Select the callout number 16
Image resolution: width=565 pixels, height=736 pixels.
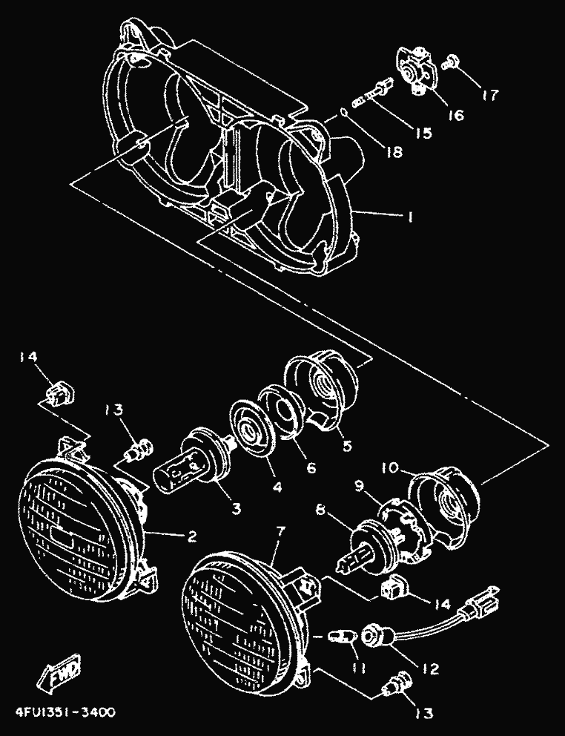pyautogui.click(x=455, y=115)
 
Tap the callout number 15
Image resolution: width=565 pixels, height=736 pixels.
pyautogui.click(x=423, y=134)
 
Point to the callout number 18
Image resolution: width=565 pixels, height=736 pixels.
pyautogui.click(x=394, y=152)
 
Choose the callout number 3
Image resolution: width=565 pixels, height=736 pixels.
pyautogui.click(x=235, y=508)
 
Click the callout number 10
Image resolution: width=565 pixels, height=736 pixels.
pyautogui.click(x=391, y=470)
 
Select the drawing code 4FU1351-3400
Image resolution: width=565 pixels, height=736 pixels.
pyautogui.click(x=65, y=714)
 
